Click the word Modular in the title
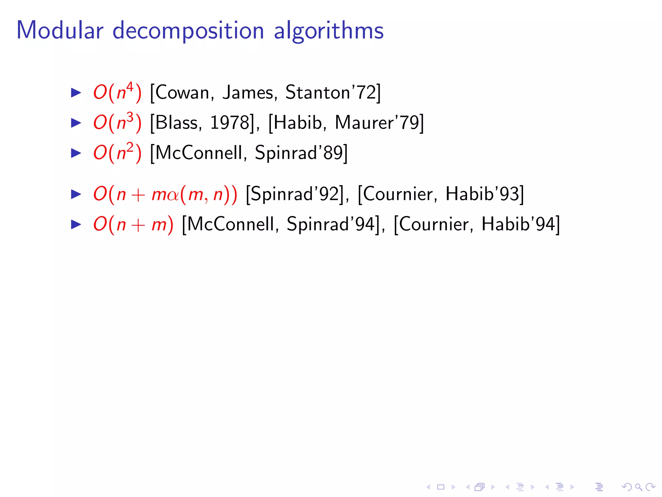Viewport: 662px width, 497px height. click(x=60, y=30)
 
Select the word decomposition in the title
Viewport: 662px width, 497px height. click(x=188, y=31)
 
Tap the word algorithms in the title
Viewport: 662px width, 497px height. click(x=328, y=31)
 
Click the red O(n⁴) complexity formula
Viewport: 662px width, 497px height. click(x=117, y=93)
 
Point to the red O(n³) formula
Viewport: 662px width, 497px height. click(x=117, y=123)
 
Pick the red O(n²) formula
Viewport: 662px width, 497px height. click(x=117, y=153)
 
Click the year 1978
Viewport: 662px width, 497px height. click(x=230, y=123)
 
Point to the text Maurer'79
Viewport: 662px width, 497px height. click(x=377, y=123)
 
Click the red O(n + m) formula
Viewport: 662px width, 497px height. click(x=133, y=224)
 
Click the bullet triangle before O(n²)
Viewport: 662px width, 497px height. click(x=76, y=153)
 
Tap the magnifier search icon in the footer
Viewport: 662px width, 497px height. click(x=638, y=487)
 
